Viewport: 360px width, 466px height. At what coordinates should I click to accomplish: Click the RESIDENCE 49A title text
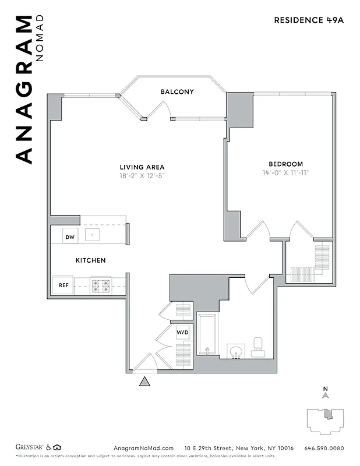point(309,20)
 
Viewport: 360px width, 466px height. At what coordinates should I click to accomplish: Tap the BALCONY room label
point(177,92)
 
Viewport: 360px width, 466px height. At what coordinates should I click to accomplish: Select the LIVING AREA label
point(142,167)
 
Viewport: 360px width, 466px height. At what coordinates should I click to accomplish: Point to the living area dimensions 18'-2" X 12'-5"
point(142,175)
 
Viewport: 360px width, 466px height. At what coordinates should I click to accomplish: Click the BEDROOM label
point(285,164)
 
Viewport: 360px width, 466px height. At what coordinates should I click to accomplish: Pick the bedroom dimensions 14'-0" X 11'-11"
point(285,172)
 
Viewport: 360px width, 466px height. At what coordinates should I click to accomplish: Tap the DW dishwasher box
point(70,236)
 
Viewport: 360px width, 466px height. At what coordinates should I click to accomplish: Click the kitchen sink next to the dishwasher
point(92,235)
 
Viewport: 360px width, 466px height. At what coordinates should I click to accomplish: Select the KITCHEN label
point(90,260)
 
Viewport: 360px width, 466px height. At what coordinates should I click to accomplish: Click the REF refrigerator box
point(63,285)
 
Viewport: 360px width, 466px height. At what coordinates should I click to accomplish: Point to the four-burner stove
point(100,285)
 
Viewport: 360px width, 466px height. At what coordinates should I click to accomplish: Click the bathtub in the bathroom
point(207,334)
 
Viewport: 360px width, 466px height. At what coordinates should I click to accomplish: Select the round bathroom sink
point(236,351)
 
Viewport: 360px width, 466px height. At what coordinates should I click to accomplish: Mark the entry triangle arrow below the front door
point(144,382)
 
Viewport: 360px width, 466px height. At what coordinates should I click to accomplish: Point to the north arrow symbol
point(326,394)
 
